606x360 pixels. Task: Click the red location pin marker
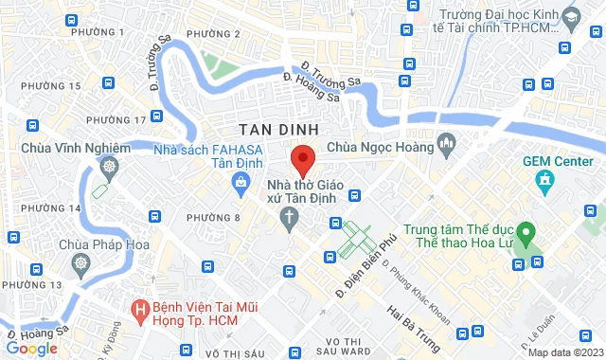coord(302,157)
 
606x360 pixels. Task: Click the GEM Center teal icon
coord(544,179)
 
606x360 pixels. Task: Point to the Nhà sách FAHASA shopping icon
coord(245,178)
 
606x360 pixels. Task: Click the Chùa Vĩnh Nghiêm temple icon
coord(109,168)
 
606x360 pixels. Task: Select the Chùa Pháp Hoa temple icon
coord(82,262)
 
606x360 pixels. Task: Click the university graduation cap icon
coord(571,17)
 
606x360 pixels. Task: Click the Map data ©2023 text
coord(564,352)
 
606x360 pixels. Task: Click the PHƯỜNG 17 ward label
coord(116,119)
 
